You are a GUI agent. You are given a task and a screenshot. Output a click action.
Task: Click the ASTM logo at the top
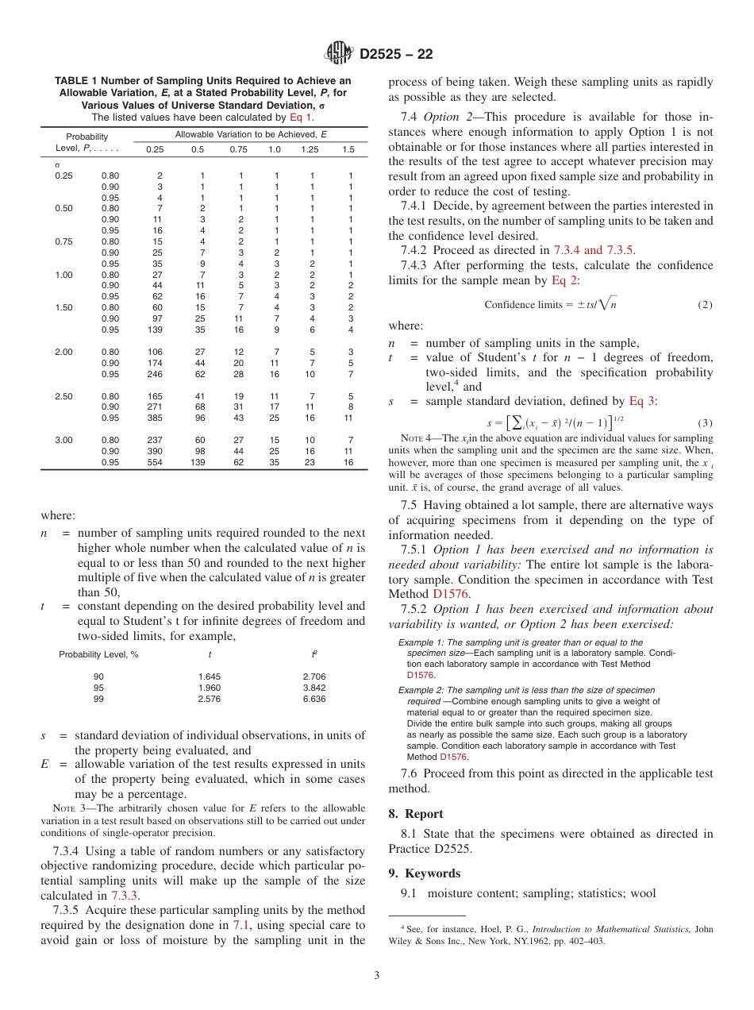(340, 55)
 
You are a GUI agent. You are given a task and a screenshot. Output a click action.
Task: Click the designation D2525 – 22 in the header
(396, 55)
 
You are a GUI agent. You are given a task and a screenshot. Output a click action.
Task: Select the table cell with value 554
(155, 461)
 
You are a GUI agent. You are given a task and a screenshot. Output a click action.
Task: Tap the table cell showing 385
(155, 418)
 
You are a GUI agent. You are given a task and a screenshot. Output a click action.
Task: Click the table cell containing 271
(155, 407)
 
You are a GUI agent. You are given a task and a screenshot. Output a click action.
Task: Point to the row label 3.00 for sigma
(63, 440)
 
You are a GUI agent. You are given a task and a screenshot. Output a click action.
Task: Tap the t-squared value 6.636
(314, 699)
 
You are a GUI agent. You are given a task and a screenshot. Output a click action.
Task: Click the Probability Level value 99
(98, 699)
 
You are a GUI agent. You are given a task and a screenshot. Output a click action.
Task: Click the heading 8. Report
(416, 814)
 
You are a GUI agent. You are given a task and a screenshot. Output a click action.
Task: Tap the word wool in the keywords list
(644, 893)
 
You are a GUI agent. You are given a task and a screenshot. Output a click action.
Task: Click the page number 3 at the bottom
(376, 976)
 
